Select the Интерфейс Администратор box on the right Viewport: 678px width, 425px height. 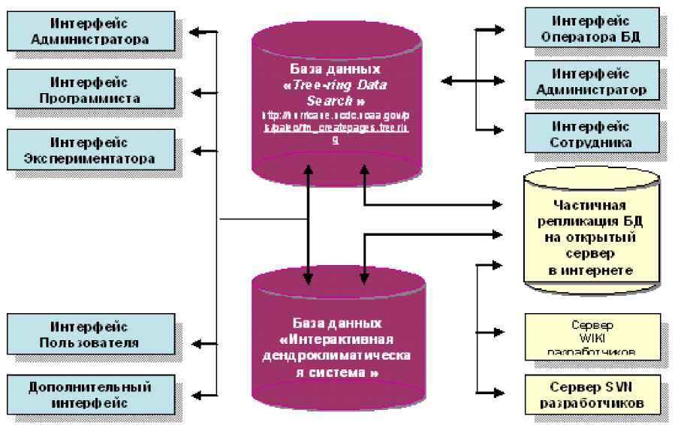click(x=592, y=82)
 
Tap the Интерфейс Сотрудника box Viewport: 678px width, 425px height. click(x=592, y=134)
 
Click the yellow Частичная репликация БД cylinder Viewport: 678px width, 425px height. click(x=592, y=233)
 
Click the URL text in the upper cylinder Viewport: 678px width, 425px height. click(x=336, y=126)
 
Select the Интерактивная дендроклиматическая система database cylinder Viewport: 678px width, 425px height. click(x=337, y=345)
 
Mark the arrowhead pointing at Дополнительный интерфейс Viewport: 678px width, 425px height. click(x=196, y=392)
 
